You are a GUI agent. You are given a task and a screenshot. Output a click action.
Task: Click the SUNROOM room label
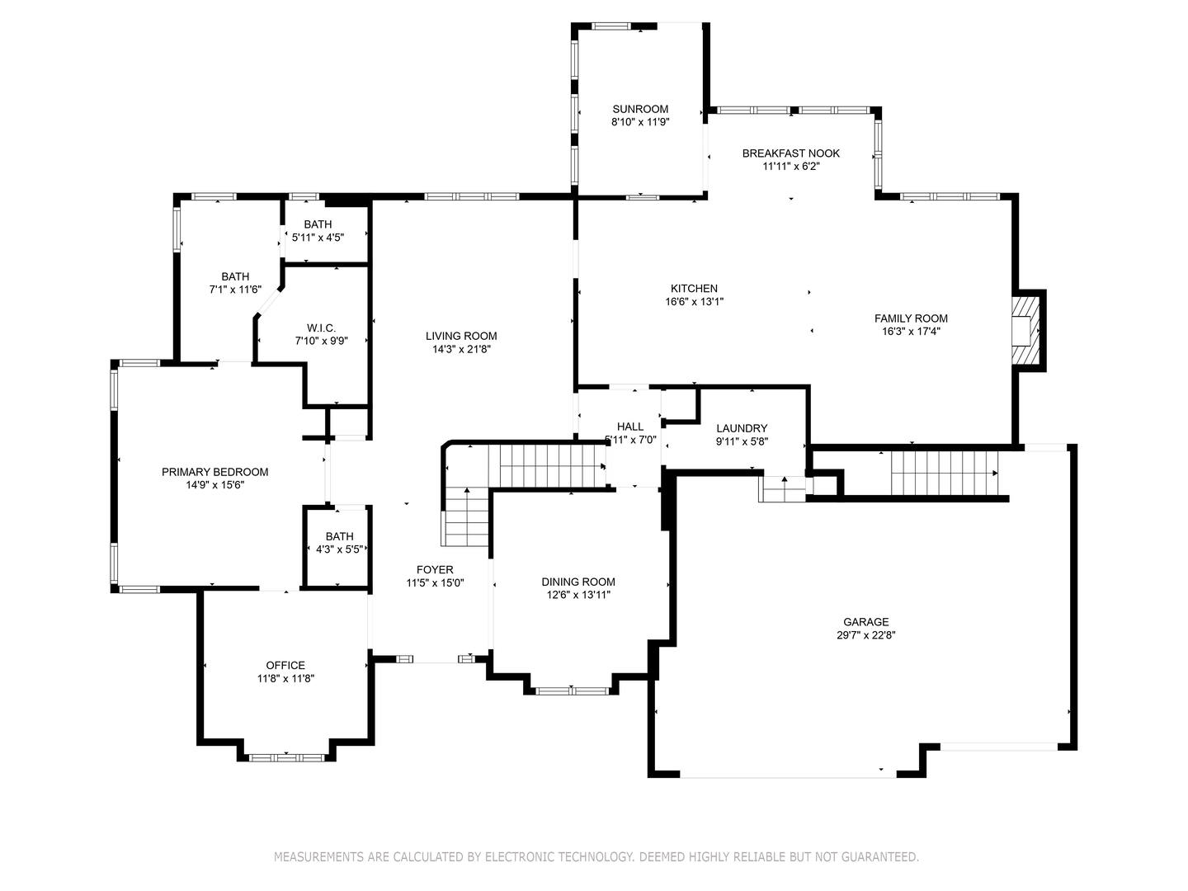[x=640, y=109]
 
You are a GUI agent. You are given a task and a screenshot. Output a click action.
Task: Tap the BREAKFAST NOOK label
[x=790, y=153]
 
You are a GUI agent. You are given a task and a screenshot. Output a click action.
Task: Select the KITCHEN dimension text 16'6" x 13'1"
[x=695, y=302]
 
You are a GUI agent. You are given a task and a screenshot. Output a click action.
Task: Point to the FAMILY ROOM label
[x=911, y=318]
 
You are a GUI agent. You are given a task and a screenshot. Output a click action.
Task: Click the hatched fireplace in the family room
[x=1025, y=330]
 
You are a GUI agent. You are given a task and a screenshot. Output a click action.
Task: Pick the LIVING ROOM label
[x=461, y=337]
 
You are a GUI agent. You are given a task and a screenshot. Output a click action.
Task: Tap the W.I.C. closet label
[x=322, y=328]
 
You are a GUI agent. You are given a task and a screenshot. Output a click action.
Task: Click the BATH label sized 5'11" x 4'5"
[x=318, y=224]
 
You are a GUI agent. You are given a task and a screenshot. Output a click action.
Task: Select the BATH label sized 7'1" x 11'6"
[x=235, y=277]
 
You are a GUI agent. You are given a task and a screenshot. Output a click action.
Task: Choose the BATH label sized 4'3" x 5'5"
[x=339, y=536]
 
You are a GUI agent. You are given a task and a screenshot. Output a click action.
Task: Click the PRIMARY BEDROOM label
[x=214, y=472]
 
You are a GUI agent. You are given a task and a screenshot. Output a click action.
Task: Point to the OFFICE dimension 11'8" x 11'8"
[x=285, y=679]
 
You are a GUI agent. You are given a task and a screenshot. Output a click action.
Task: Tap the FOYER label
[x=435, y=570]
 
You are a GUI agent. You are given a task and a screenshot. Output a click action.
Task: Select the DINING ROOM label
[x=578, y=582]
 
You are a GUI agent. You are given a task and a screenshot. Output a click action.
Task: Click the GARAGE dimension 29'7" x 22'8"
[x=866, y=635]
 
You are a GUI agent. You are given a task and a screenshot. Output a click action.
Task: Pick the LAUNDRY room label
[x=742, y=428]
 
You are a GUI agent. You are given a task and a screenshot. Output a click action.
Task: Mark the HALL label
[x=630, y=427]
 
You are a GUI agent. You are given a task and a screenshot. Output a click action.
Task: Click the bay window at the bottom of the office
[x=286, y=757]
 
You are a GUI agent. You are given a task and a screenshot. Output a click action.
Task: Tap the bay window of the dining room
[x=572, y=691]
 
